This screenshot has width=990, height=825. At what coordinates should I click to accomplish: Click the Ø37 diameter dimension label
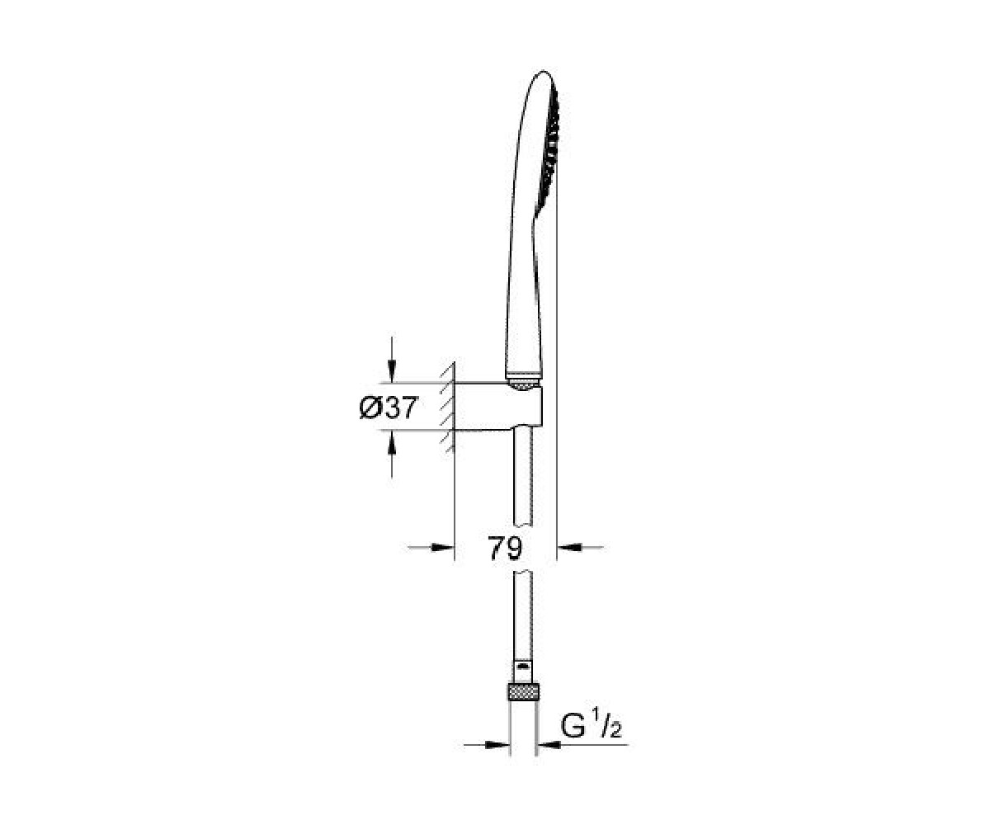(389, 408)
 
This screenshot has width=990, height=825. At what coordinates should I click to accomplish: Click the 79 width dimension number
(505, 548)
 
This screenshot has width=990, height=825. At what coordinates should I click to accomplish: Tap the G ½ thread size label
(591, 726)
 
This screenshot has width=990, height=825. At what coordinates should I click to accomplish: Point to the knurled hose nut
(523, 693)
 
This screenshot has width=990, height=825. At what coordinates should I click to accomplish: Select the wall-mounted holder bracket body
(497, 407)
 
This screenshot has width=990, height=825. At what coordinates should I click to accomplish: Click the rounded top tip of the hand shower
(544, 72)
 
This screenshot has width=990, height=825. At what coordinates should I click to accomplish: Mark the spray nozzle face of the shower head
(550, 152)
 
